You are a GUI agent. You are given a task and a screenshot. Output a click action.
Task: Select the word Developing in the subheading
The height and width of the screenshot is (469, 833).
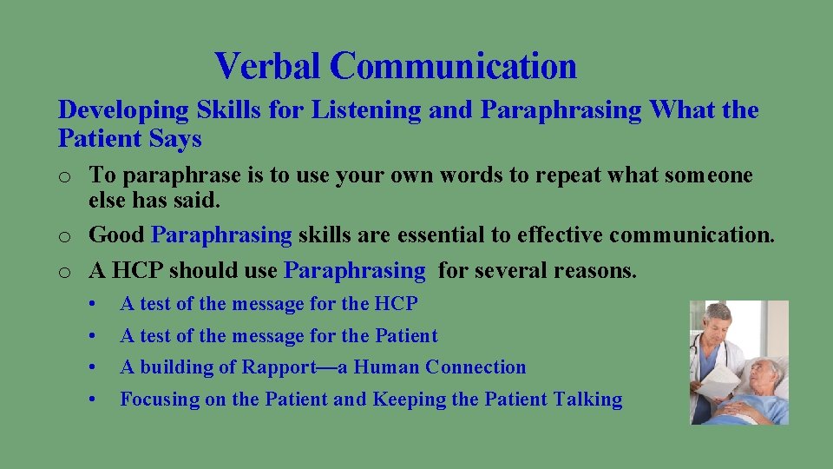[x=123, y=110]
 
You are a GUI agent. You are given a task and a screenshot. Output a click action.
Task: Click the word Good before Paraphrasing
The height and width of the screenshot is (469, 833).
[x=117, y=234]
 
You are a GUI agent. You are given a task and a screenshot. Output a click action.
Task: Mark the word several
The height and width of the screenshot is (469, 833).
[x=480, y=271]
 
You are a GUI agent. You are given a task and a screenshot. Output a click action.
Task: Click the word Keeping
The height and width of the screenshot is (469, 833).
[x=410, y=400]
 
